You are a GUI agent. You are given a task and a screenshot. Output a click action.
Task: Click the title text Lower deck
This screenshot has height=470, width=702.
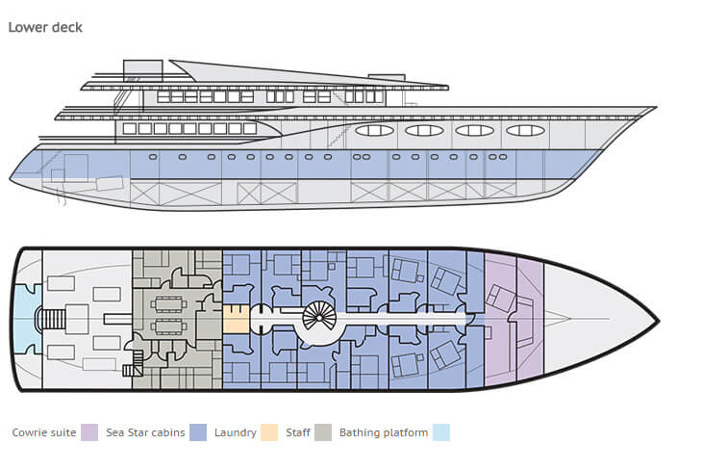[45, 27]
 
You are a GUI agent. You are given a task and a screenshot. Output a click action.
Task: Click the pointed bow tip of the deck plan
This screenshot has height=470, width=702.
[656, 319]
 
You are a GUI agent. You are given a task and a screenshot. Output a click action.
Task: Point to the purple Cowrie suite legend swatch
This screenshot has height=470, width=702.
[89, 432]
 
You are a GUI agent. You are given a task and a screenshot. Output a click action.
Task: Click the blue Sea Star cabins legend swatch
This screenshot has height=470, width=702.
[198, 432]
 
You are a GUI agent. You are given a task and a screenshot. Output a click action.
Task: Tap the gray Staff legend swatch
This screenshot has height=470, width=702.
[323, 432]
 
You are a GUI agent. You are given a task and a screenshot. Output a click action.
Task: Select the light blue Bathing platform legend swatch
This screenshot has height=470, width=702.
[441, 432]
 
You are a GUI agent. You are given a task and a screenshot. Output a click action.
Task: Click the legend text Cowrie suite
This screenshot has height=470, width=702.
[43, 432]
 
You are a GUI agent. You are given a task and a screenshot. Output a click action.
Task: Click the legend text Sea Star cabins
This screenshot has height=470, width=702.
[145, 432]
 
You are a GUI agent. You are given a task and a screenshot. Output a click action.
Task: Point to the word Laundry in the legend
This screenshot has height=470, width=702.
[235, 432]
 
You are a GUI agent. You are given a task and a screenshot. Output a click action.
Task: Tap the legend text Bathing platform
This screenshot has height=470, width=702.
[384, 432]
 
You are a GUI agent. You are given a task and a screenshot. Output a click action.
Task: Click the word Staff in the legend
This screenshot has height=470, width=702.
[298, 432]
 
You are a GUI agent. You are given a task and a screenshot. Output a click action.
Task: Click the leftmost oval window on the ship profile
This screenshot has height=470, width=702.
[374, 130]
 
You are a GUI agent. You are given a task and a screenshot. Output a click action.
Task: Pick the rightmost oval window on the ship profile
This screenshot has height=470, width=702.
[525, 130]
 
